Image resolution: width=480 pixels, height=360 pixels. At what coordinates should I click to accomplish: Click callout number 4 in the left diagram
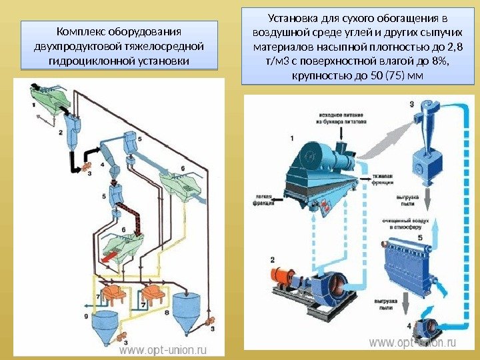101,164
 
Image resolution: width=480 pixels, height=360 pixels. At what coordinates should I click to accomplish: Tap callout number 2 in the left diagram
60,133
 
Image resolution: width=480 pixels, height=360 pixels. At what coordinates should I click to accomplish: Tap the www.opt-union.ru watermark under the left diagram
163,349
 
